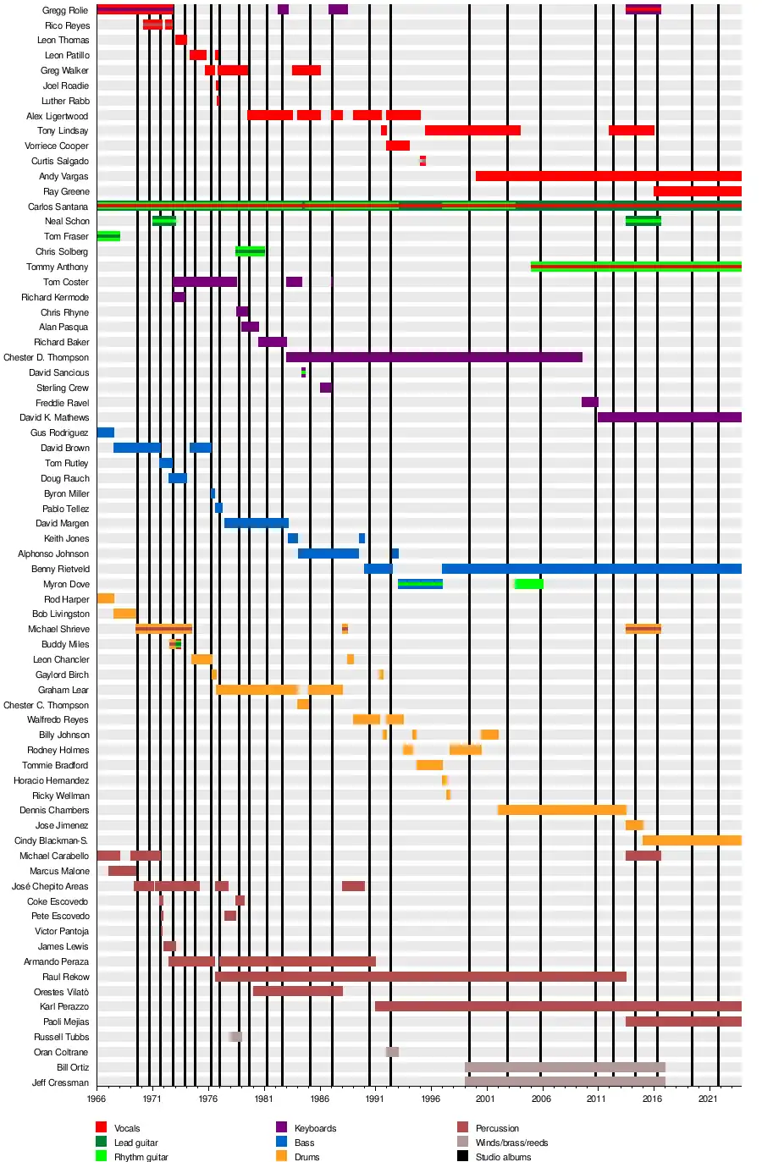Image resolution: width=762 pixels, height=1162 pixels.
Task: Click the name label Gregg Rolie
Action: (65, 10)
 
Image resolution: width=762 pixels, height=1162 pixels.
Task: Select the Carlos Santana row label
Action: (58, 207)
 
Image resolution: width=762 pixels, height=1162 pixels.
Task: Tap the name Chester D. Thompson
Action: (46, 357)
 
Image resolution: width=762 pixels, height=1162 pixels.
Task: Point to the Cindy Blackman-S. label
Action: (51, 840)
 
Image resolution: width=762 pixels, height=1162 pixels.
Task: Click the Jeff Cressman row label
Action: (60, 1082)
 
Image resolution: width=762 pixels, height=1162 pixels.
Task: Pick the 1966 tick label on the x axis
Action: (97, 1099)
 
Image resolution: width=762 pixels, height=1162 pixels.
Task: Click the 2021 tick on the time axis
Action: (708, 1099)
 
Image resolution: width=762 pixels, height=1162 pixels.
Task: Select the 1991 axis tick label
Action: (374, 1099)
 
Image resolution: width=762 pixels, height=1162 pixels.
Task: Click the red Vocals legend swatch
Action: (102, 1127)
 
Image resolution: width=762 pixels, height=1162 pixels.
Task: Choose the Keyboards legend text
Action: (315, 1128)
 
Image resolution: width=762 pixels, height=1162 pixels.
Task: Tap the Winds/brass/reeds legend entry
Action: (511, 1143)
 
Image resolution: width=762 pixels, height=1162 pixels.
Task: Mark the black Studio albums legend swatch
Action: (462, 1156)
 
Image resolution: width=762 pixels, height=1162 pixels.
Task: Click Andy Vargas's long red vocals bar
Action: (608, 176)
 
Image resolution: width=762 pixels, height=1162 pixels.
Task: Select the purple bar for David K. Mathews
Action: (669, 417)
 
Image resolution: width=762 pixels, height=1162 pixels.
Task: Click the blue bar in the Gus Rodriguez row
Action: (105, 432)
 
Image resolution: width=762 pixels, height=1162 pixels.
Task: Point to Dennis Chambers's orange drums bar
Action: (562, 810)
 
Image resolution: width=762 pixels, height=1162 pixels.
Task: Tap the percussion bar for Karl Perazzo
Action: (558, 1006)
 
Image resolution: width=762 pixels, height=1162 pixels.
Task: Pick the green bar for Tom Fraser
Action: (108, 236)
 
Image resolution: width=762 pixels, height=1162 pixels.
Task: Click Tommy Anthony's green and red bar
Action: (636, 267)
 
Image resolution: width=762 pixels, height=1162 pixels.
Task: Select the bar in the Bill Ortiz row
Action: (565, 1067)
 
